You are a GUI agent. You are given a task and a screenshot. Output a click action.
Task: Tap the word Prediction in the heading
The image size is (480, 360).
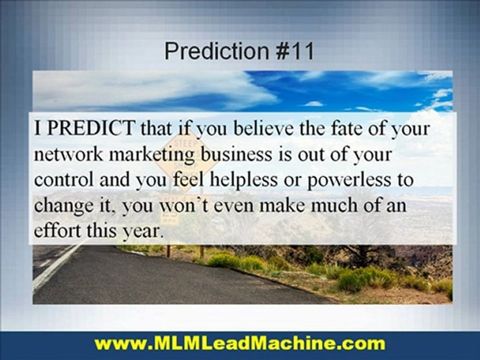216,51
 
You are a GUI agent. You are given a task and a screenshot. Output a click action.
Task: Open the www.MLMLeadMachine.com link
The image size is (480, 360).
240,344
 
